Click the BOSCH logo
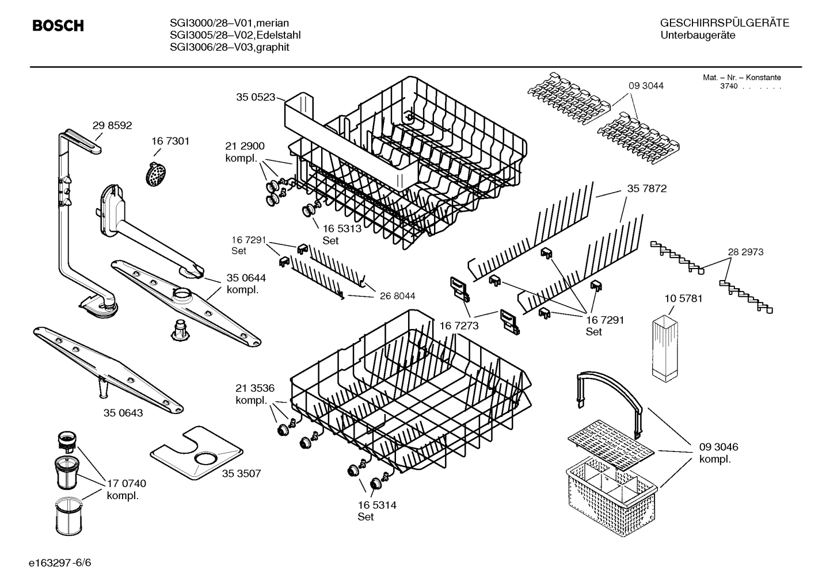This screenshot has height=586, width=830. pos(58,26)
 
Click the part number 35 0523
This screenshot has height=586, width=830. pos(256,97)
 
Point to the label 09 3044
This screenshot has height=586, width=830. pos(646,86)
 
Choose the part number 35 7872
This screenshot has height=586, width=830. pos(647,189)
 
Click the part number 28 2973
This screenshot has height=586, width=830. pos(745,252)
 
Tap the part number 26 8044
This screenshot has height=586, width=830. pos(397,296)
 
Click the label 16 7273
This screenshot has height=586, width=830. pos(459,326)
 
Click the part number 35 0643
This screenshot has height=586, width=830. pos(123,413)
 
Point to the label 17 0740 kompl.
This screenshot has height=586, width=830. pos(126,489)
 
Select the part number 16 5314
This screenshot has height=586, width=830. pos(376,505)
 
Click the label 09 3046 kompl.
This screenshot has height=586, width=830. pos(718,453)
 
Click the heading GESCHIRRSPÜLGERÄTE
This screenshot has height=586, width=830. pos(724,24)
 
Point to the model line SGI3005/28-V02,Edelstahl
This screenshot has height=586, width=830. pos(235,35)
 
